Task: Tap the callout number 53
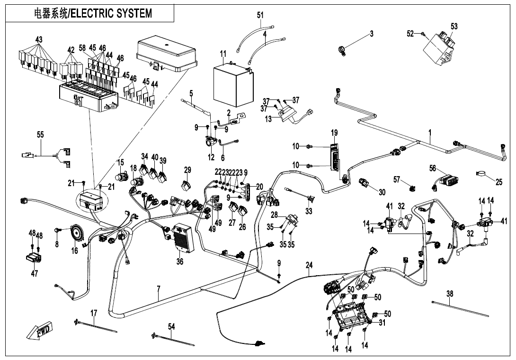454,27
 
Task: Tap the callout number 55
40,135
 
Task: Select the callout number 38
450,294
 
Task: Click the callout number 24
309,266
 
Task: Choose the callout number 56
433,168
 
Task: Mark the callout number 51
260,15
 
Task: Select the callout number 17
94,313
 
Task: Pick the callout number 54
171,326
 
